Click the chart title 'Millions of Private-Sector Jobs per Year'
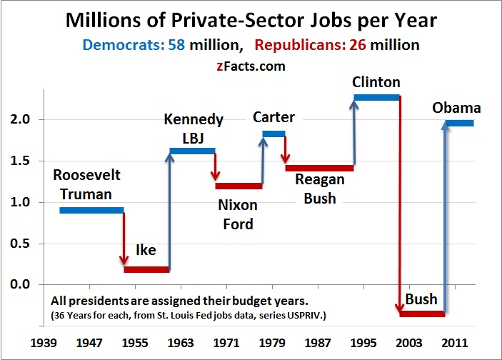point(251,20)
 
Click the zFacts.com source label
point(251,66)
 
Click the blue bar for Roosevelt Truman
point(91,210)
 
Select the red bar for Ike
point(146,269)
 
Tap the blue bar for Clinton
point(376,96)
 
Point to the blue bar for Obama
point(459,124)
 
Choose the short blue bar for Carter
point(273,134)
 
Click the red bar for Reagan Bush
point(319,168)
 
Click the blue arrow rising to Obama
point(444,214)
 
